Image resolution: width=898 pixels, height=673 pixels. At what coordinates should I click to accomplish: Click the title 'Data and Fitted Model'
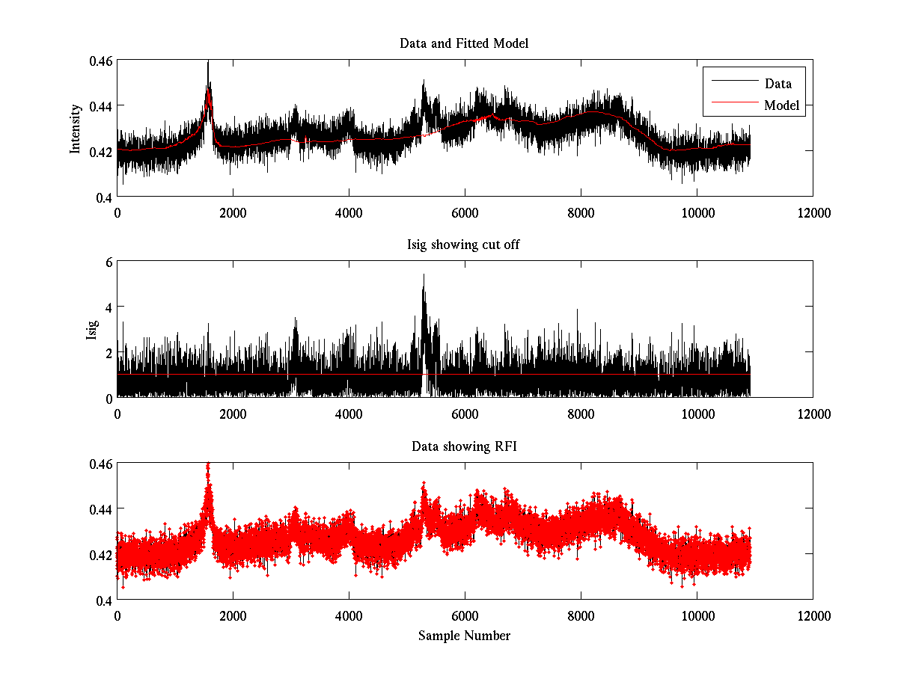464,43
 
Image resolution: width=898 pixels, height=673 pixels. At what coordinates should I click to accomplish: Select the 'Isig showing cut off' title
464,245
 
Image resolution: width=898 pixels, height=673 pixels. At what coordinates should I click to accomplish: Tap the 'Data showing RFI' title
464,447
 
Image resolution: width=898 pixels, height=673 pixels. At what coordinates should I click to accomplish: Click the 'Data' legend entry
778,84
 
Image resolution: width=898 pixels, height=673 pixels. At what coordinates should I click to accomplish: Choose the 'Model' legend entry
781,105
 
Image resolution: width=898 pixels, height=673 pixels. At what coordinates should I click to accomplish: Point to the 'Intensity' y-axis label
75,129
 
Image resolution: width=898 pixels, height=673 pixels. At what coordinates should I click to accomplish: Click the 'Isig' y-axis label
91,330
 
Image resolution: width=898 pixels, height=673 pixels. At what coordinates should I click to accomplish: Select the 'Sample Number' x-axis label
464,636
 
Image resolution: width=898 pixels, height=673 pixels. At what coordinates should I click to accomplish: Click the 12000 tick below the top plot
813,212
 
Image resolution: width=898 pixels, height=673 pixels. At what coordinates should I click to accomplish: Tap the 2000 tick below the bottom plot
233,616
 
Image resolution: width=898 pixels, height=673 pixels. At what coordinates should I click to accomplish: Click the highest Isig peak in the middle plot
424,275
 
